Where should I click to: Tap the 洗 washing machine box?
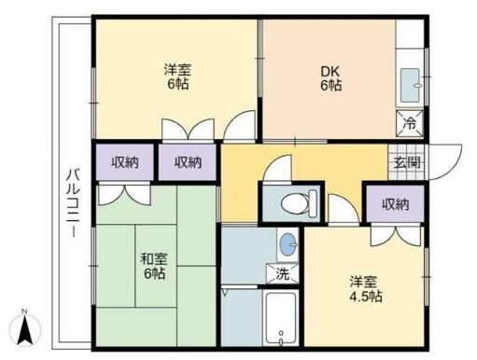283,274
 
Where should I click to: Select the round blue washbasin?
287,244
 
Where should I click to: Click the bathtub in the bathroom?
280,318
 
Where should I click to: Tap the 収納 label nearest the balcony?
124,161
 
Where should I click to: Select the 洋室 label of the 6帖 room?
177,68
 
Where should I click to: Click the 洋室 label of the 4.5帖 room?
364,280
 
